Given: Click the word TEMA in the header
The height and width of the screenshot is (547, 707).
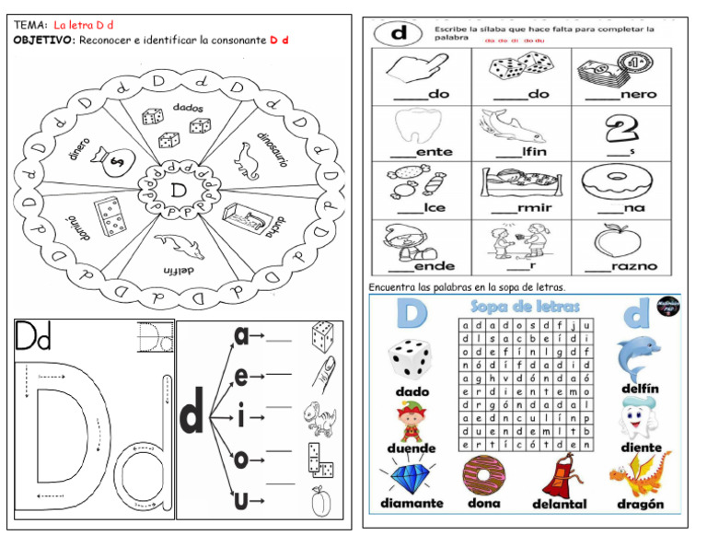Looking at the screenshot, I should point(29,25).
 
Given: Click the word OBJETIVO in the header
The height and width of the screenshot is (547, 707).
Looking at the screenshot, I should point(44,40).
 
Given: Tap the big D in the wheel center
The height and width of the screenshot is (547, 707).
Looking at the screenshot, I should point(177,190).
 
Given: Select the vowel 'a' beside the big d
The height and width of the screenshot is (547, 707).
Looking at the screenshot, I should point(242,337).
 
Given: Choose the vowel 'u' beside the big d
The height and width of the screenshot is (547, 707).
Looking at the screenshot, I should point(241,502).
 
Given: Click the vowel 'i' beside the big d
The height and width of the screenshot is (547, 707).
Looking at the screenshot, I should point(241,417).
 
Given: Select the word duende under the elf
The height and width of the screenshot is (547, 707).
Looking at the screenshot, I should point(411,448).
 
